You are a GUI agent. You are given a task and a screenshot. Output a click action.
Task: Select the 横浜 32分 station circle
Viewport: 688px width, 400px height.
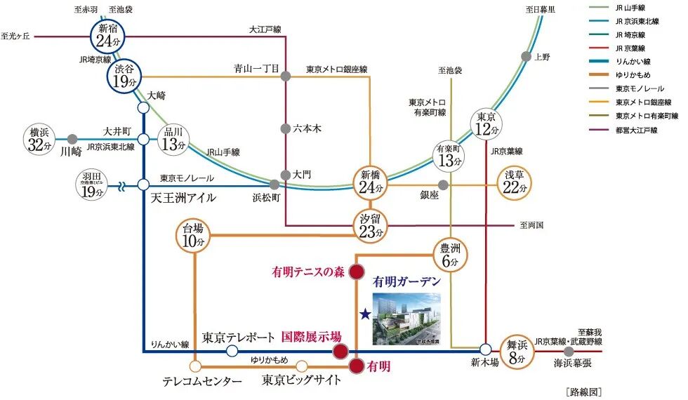click(39, 140)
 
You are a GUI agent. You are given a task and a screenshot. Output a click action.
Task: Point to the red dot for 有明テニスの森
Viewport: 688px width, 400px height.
click(357, 272)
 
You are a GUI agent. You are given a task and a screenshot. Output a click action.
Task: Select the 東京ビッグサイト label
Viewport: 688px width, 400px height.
click(302, 380)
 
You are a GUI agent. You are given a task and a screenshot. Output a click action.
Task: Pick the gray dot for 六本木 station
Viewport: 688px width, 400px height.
click(285, 128)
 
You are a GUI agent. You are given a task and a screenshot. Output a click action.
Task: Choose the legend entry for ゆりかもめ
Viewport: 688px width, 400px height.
click(635, 75)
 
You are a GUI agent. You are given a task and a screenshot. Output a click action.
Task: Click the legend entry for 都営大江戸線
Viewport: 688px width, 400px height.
click(635, 130)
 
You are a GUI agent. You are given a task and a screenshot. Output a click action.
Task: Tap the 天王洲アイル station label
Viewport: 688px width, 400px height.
click(183, 198)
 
